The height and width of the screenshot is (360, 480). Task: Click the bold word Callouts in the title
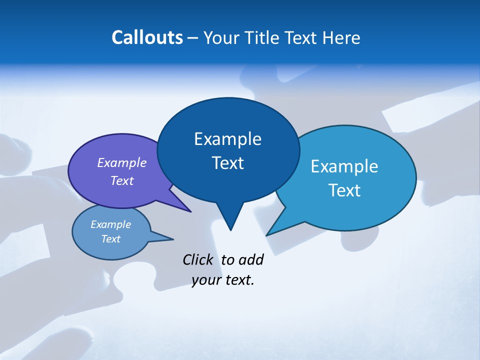(x=147, y=37)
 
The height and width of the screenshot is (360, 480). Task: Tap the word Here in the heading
(x=341, y=37)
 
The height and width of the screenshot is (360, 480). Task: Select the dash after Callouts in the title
(x=193, y=38)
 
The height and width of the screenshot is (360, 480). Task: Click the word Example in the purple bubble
(x=121, y=162)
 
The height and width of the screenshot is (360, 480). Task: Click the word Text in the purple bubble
(x=121, y=180)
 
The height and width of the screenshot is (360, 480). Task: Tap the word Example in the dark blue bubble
(x=227, y=139)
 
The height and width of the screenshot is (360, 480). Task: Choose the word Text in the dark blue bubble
(x=227, y=163)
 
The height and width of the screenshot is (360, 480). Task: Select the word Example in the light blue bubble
(x=344, y=166)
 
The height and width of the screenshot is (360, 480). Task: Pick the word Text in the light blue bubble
(x=344, y=190)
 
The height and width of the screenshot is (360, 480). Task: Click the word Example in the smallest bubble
(x=110, y=224)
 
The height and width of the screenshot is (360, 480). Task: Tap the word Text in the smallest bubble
(x=110, y=239)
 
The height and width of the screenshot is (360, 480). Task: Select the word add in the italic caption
(x=251, y=259)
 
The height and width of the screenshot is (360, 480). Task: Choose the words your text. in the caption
(x=223, y=280)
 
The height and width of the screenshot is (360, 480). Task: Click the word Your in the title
(x=222, y=37)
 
